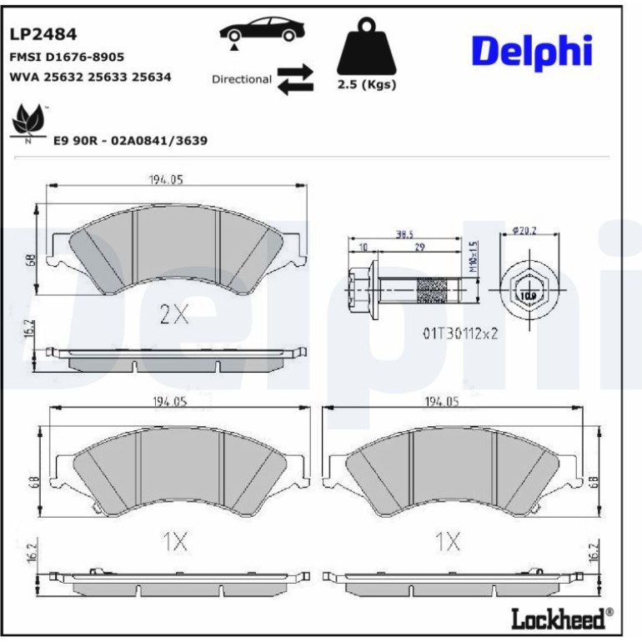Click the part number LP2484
[43, 34]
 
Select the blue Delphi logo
[532, 52]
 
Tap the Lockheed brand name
[558, 619]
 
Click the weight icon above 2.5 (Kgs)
[367, 46]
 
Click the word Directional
[242, 79]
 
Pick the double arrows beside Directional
[295, 79]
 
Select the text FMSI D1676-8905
[67, 57]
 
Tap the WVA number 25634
[151, 77]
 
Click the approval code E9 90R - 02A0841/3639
[131, 140]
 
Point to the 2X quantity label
[174, 314]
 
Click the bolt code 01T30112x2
[460, 334]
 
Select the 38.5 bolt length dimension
[404, 234]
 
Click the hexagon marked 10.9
[528, 290]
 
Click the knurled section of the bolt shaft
[431, 290]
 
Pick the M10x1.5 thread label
[473, 257]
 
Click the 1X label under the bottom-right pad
[448, 541]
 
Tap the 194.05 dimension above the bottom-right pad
[441, 402]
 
